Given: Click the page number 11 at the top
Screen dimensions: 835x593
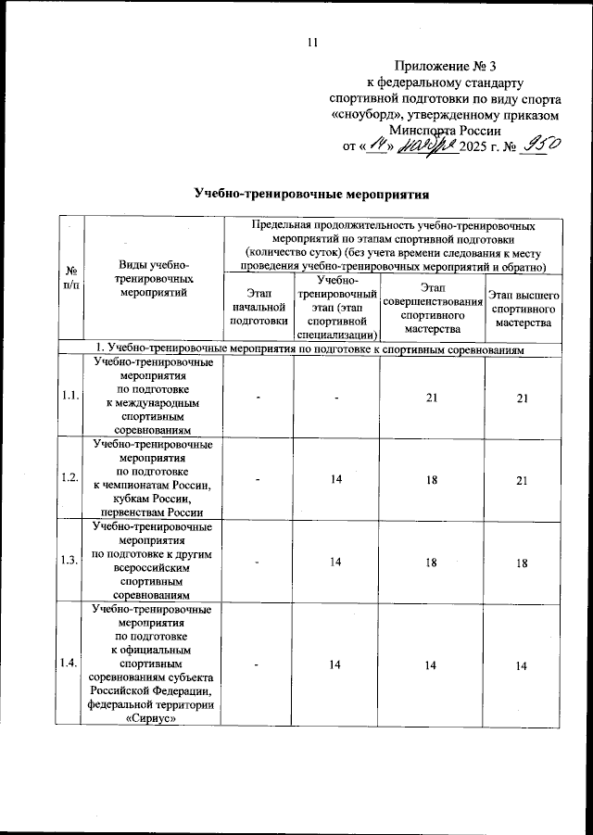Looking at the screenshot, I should coord(312,42).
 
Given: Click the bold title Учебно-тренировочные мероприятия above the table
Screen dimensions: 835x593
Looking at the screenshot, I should coord(313,195).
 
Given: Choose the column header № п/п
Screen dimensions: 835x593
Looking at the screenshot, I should coord(70,278).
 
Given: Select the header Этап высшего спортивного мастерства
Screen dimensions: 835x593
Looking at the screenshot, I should coord(523,307).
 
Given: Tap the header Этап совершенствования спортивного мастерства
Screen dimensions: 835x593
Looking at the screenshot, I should coord(432,307).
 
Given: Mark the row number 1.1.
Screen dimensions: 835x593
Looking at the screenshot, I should coord(70,397).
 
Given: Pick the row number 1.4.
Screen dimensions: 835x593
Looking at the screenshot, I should coord(70,663).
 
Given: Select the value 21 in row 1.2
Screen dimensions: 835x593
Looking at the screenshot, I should coord(523,477).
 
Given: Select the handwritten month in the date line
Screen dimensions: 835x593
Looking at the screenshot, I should coord(428,146).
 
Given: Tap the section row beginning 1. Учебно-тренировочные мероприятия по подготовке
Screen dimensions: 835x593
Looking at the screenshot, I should coord(312,348).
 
